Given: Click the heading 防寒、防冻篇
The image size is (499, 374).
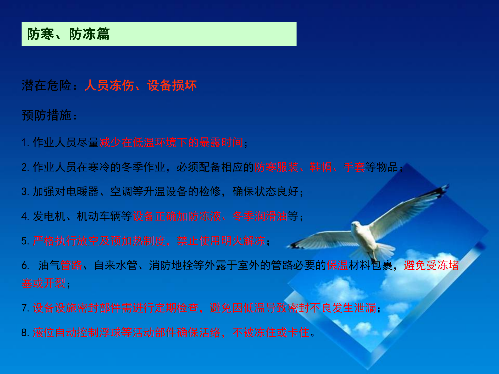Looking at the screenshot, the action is point(68,34).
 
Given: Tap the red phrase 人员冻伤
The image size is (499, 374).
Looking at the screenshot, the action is point(109,85).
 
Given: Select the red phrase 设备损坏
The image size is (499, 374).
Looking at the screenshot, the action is point(172,85).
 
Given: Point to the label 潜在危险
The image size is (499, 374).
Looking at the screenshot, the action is point(47,85).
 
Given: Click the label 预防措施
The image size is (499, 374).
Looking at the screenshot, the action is point(47,115).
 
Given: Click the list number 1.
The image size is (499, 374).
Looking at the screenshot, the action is point(25,143).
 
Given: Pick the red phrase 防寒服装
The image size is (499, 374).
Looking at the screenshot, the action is point(276,167).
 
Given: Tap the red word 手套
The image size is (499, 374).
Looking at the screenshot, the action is point(354,167).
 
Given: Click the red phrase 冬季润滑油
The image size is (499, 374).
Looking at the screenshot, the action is point(260,216).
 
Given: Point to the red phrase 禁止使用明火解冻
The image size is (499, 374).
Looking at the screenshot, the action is point(221,241).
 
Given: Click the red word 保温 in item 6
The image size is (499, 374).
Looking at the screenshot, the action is point(337,265).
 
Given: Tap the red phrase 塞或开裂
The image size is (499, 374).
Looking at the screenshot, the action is point(44,283).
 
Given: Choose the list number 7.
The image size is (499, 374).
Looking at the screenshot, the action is point(25,308).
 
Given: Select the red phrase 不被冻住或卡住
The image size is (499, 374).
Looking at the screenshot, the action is point(271,332).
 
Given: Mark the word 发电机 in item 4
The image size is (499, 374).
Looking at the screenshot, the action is point(49,216).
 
